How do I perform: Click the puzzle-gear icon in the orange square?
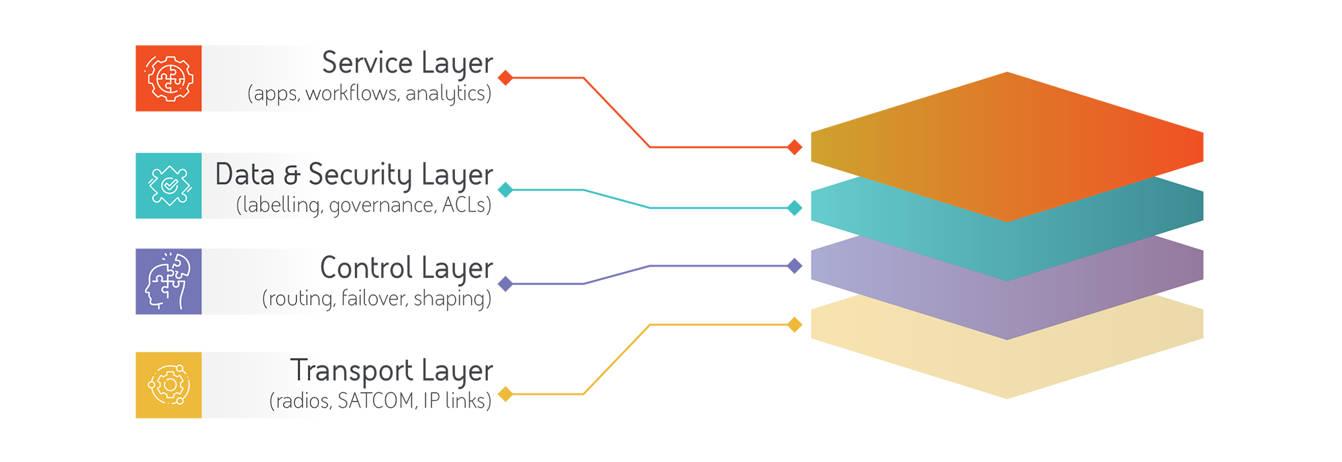pos(170,79)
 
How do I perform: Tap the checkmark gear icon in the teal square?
pos(170,185)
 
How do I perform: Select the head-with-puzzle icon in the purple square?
pos(168,281)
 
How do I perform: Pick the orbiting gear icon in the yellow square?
pos(169,385)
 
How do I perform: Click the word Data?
pos(245,175)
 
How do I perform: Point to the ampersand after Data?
pos(292,175)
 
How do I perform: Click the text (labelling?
pos(278,205)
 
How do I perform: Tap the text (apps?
pos(274,94)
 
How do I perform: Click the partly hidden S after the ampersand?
pos(317,175)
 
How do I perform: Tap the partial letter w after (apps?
pos(314,94)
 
